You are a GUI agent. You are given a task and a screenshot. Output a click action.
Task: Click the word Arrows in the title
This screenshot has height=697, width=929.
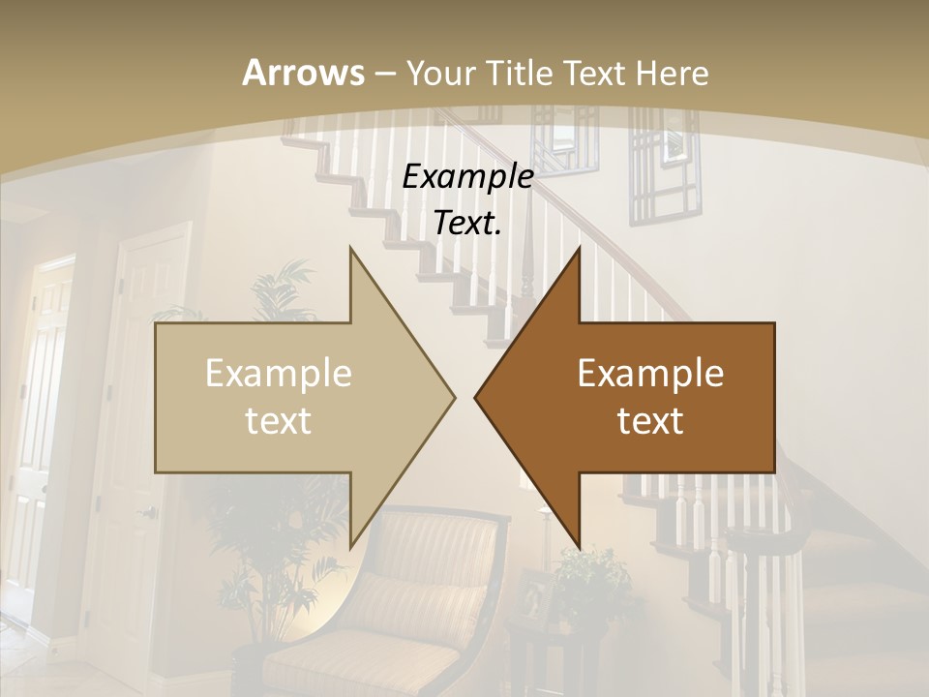pos(303,73)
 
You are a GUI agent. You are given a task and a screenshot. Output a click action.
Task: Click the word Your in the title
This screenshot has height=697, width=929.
pos(438,73)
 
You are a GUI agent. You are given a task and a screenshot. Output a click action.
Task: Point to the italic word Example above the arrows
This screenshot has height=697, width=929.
pos(467,177)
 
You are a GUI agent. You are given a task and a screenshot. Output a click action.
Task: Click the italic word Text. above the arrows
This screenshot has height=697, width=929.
pos(467,223)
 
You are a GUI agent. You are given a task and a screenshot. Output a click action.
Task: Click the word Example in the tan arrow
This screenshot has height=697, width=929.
pos(279,374)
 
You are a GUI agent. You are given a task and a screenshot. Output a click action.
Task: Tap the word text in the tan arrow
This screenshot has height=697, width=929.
pos(279,420)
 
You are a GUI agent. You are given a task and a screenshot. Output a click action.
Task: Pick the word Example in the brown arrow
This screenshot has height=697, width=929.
pos(650,374)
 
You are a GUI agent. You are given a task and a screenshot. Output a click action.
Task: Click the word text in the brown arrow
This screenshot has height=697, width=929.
pos(650,420)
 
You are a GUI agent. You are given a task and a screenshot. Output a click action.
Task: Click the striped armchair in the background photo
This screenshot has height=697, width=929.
pos(426,591)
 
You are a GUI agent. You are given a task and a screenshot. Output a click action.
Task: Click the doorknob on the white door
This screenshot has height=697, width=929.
pos(148,511)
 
